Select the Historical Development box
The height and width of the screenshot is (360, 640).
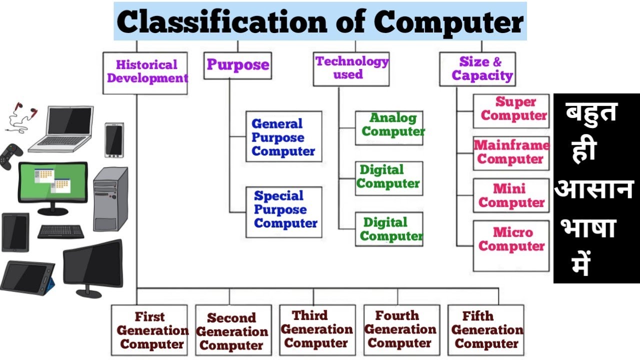coord(145,72)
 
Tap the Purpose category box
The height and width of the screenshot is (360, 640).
coord(237,65)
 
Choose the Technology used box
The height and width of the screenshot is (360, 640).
coord(351,68)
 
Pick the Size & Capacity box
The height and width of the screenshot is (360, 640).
coord(477,69)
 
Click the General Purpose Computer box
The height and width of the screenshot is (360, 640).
coord(283,136)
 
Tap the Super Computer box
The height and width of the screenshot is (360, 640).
coord(510,110)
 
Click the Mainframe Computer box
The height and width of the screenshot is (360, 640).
coord(510,153)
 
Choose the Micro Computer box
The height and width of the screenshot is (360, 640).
coord(510,245)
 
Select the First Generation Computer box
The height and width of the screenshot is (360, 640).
coord(149,330)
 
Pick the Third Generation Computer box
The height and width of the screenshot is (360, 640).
coord(317,329)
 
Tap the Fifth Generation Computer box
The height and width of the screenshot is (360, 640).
coord(485,330)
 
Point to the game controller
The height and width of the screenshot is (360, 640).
coord(9,156)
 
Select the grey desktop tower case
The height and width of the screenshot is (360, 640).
coord(110,198)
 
